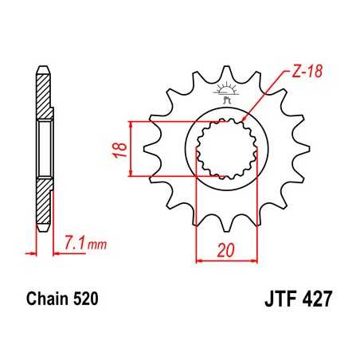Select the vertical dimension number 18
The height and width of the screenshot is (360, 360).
pos(116,148)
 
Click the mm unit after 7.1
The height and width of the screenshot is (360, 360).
pos(95,242)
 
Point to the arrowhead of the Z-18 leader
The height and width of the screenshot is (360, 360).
pos(244,123)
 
